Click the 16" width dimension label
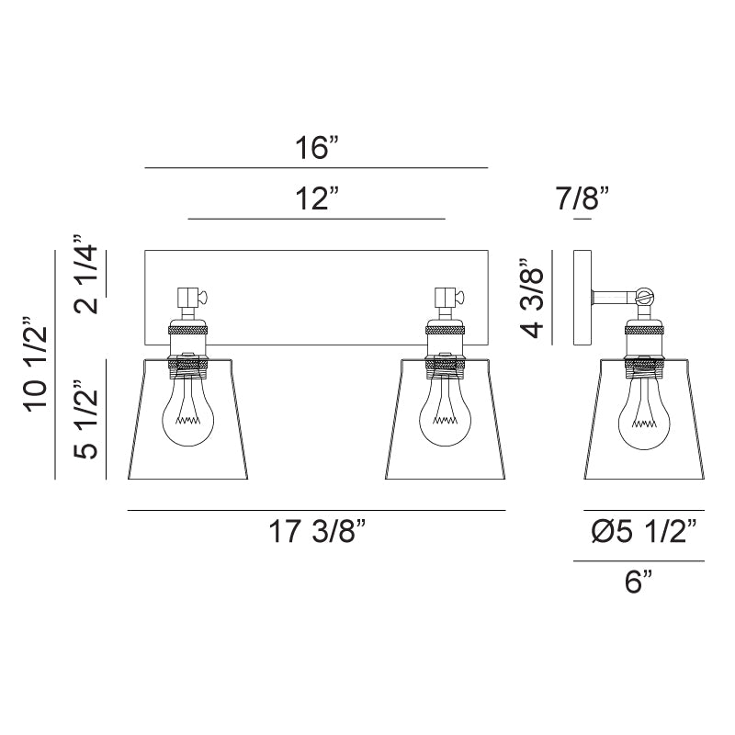(x=316, y=148)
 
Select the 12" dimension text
(x=316, y=198)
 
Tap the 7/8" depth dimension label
(x=582, y=198)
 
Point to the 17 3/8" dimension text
(x=316, y=531)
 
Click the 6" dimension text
(x=639, y=582)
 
